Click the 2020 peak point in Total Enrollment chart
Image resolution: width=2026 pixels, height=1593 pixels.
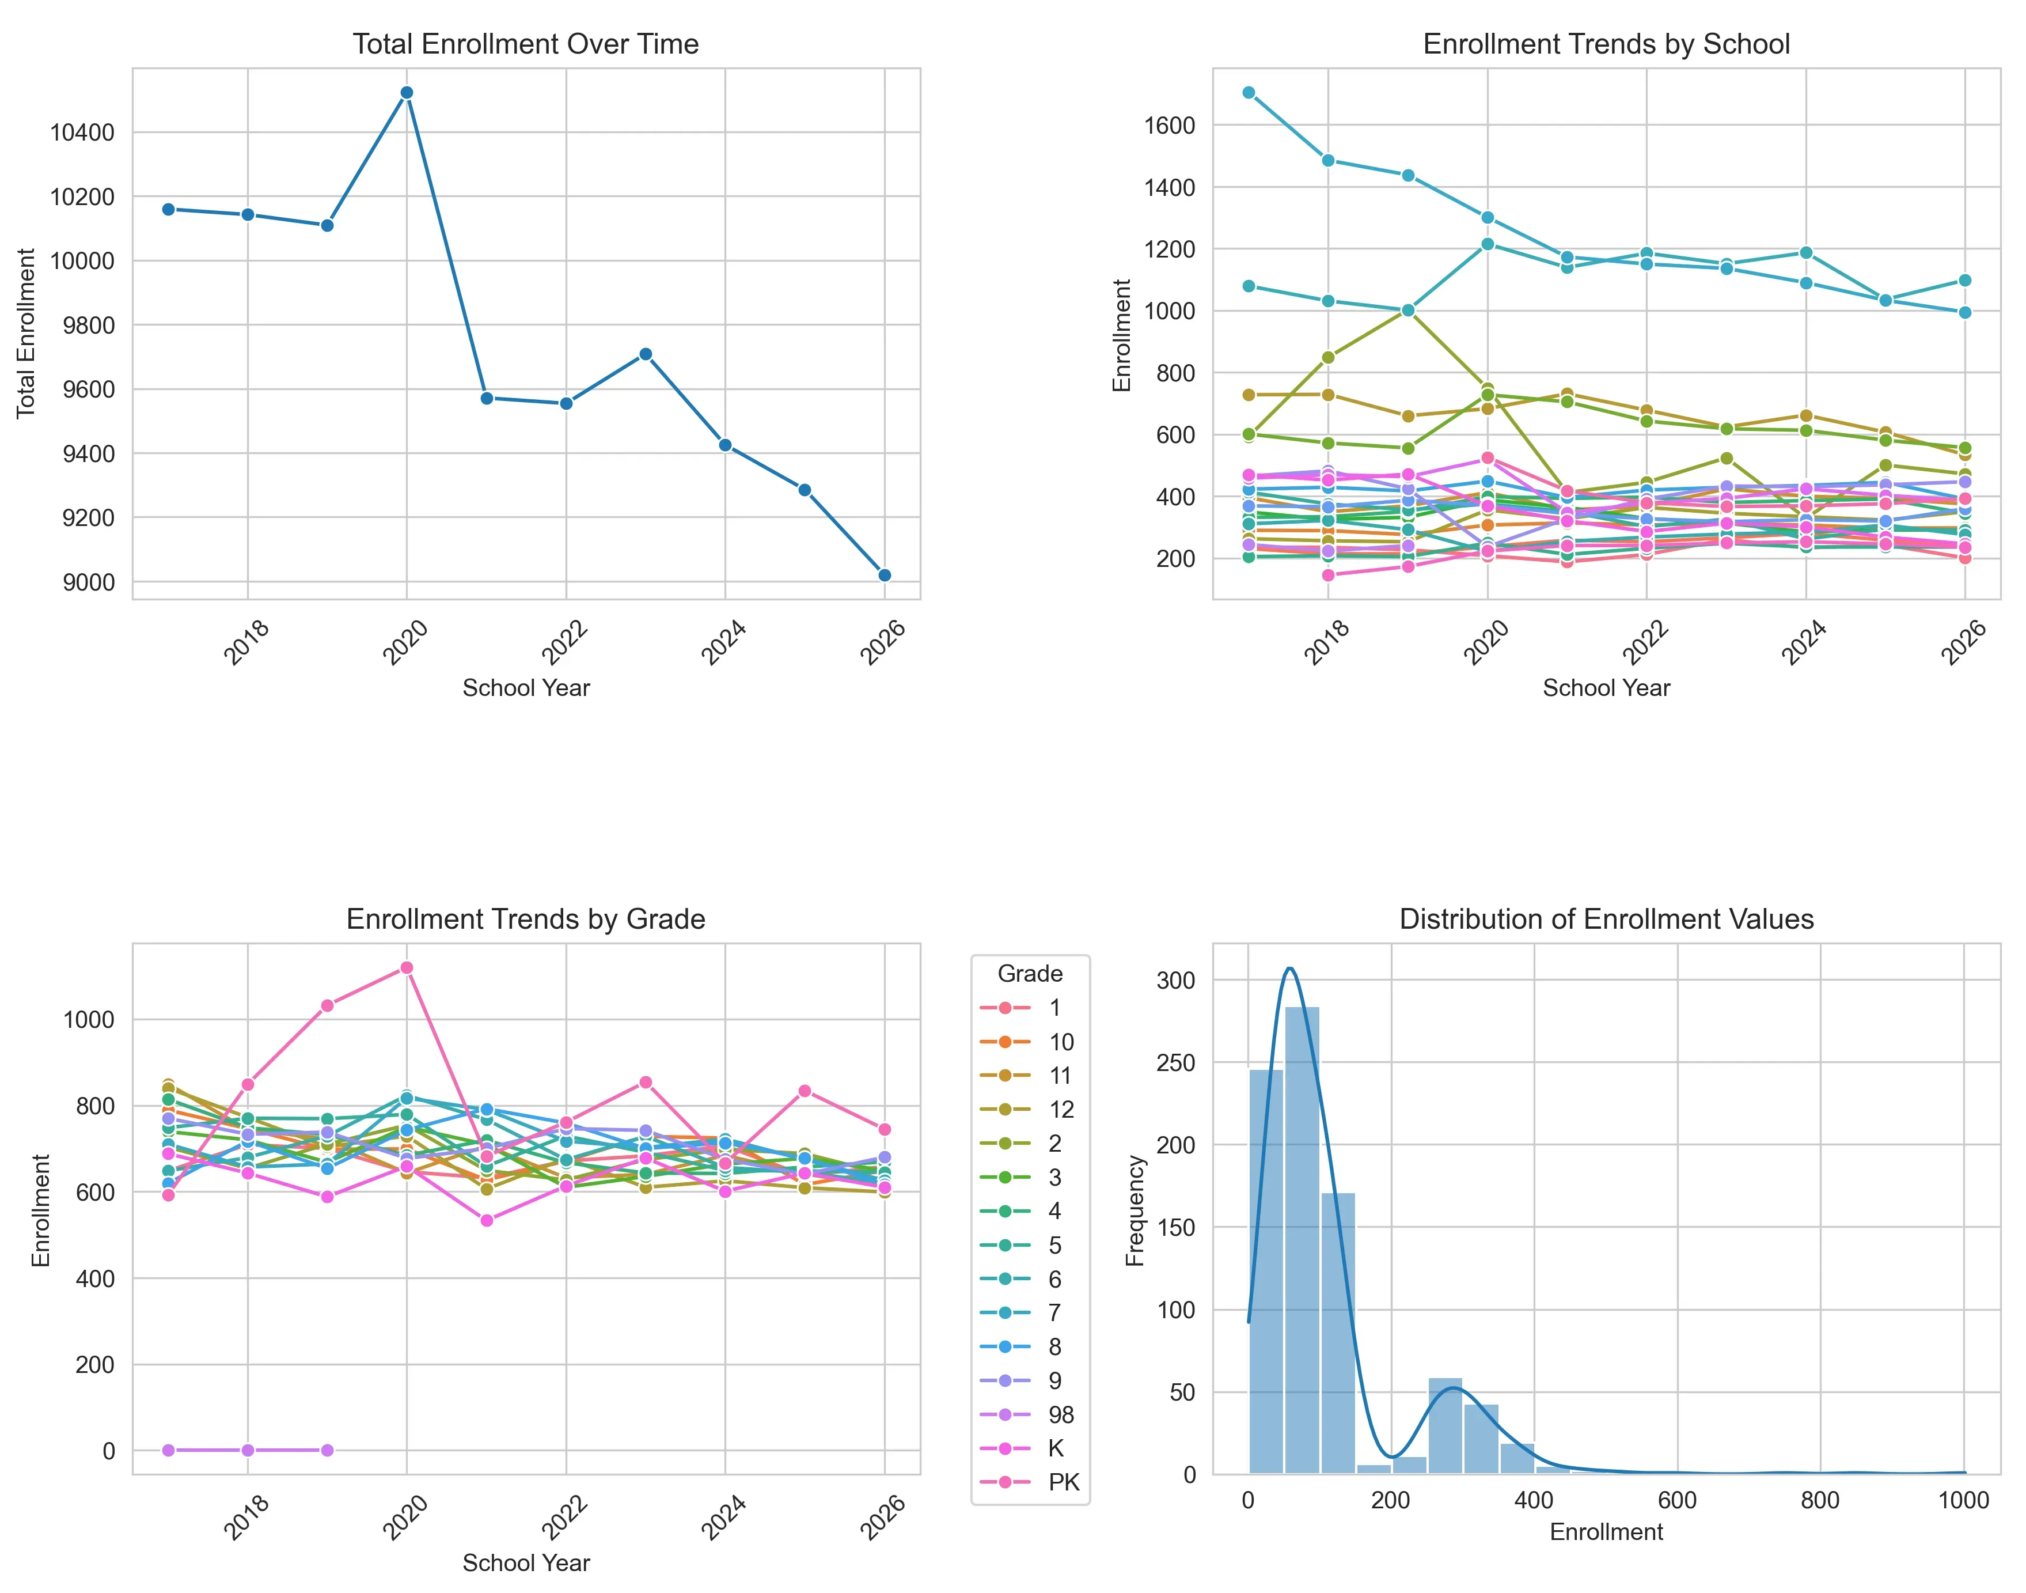(x=407, y=92)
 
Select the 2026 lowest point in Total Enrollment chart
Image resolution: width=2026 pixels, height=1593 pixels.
(x=884, y=576)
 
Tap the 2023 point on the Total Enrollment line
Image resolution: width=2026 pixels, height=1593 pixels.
(x=645, y=354)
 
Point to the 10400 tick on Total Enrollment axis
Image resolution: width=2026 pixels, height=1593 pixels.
(x=82, y=133)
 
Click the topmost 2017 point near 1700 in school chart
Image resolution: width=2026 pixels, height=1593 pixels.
(x=1249, y=92)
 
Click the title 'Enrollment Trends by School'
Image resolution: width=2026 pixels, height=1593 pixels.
(x=1606, y=44)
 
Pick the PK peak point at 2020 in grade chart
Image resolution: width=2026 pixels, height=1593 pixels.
(x=407, y=968)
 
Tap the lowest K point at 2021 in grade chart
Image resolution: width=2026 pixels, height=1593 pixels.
(x=485, y=1220)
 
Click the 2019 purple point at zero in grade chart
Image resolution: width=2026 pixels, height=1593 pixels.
(x=327, y=1450)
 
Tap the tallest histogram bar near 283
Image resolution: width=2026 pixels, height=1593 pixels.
(x=1302, y=1240)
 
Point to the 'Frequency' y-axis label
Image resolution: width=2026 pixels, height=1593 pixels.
(x=1135, y=1210)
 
